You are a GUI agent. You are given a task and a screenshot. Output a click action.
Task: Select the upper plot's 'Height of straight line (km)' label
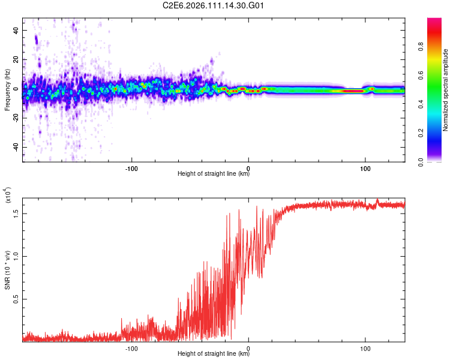tap(214, 174)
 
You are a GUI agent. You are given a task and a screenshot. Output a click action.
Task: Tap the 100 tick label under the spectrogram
tap(365, 167)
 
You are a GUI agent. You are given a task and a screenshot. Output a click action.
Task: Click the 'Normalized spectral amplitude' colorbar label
tap(446, 90)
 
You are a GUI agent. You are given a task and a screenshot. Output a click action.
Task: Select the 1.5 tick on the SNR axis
tap(16, 212)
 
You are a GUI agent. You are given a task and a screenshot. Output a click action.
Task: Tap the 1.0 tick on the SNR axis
tap(16, 256)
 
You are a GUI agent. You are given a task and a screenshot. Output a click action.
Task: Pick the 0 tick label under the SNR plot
tap(248, 347)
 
